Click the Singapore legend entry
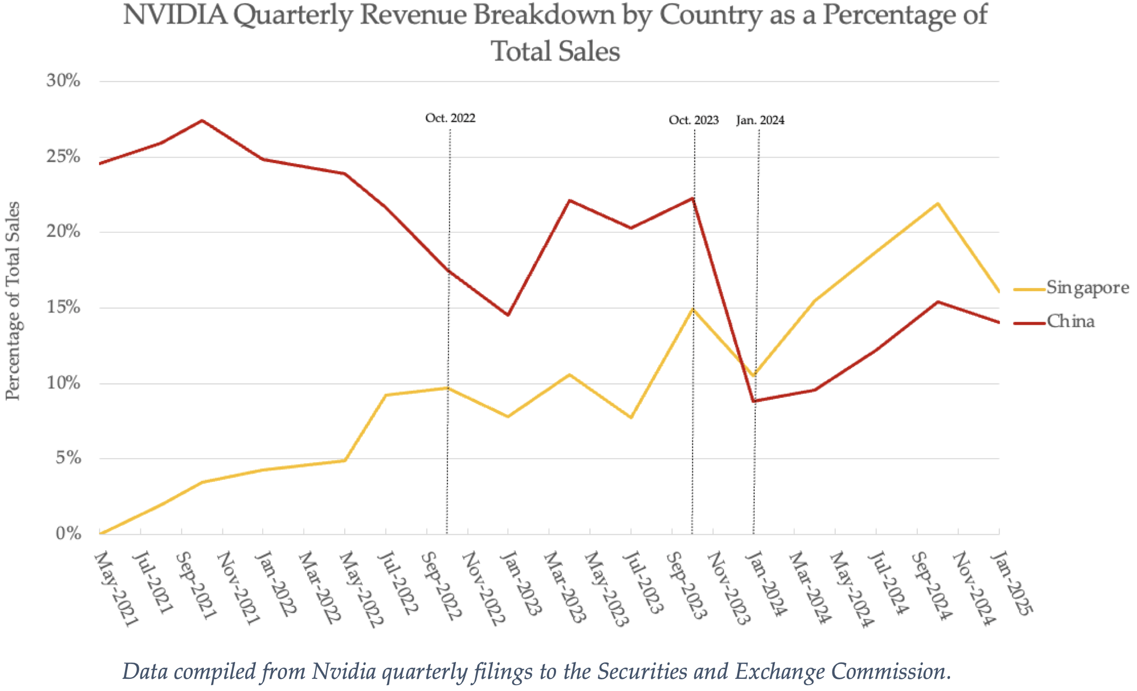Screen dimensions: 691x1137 1087,288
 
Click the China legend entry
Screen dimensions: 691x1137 1070,321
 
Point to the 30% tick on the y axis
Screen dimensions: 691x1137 64,81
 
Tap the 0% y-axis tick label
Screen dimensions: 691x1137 69,533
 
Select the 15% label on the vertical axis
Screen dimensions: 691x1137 64,307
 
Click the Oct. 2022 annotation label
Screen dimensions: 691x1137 450,118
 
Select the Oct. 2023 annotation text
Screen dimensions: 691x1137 694,120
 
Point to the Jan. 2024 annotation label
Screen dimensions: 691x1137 760,120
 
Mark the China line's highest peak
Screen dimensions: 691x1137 202,121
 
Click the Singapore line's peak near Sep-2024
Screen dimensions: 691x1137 938,203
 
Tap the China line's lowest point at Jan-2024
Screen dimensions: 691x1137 754,401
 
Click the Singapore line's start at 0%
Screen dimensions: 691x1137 101,533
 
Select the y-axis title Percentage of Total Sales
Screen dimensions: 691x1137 13,301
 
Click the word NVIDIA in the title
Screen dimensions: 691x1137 175,15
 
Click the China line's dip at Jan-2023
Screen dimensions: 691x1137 508,315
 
